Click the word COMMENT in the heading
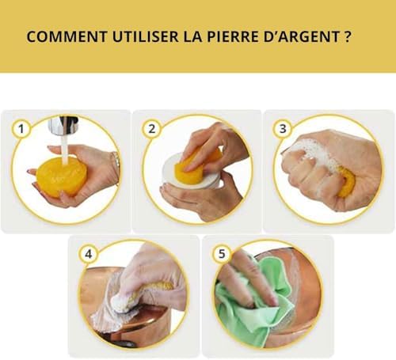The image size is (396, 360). pyautogui.click(x=67, y=37)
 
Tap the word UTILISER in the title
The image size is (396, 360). pyautogui.click(x=146, y=37)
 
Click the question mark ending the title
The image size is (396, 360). pyautogui.click(x=348, y=37)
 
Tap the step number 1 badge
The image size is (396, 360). pyautogui.click(x=21, y=129)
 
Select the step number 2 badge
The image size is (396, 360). pyautogui.click(x=152, y=129)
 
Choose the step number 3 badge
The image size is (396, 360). pyautogui.click(x=283, y=128)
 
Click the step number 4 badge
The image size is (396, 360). pyautogui.click(x=89, y=254)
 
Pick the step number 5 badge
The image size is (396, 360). pyautogui.click(x=222, y=254)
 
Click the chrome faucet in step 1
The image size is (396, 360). pyautogui.click(x=63, y=124)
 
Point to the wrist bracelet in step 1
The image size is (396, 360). pyautogui.click(x=116, y=166)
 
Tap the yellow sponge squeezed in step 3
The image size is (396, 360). pyautogui.click(x=347, y=184)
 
